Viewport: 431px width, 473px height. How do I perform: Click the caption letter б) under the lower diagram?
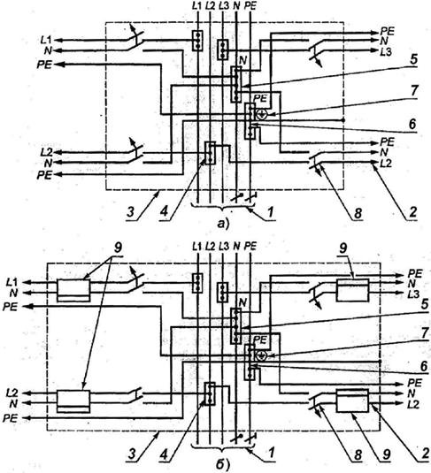(x=223, y=464)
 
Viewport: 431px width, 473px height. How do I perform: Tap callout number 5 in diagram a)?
(x=413, y=59)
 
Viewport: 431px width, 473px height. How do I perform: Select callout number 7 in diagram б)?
(x=425, y=333)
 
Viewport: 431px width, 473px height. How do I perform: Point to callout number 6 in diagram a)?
(x=412, y=124)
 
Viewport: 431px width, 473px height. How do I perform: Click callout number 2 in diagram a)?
(x=412, y=212)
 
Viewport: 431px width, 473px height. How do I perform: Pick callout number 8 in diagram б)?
(x=358, y=454)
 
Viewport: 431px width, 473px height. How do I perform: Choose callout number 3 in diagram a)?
(x=130, y=212)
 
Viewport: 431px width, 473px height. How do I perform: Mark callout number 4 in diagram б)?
(x=164, y=454)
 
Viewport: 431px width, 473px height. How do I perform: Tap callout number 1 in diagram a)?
(x=270, y=212)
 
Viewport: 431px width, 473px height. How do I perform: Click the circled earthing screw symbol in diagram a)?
(x=262, y=114)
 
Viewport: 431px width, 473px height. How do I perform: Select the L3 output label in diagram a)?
(x=386, y=51)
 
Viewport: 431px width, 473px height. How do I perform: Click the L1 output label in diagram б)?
(x=12, y=282)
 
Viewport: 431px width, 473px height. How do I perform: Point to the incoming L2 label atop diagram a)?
(x=210, y=6)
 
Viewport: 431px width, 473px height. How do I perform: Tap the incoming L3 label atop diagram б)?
(x=224, y=247)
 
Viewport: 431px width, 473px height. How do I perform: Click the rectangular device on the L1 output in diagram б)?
(x=73, y=290)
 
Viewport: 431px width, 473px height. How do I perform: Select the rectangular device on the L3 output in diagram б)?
(x=353, y=290)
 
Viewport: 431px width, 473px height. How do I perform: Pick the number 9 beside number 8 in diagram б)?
(x=387, y=454)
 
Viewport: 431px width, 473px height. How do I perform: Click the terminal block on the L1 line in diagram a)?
(x=197, y=41)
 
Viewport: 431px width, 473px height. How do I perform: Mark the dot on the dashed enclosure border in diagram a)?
(x=343, y=120)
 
